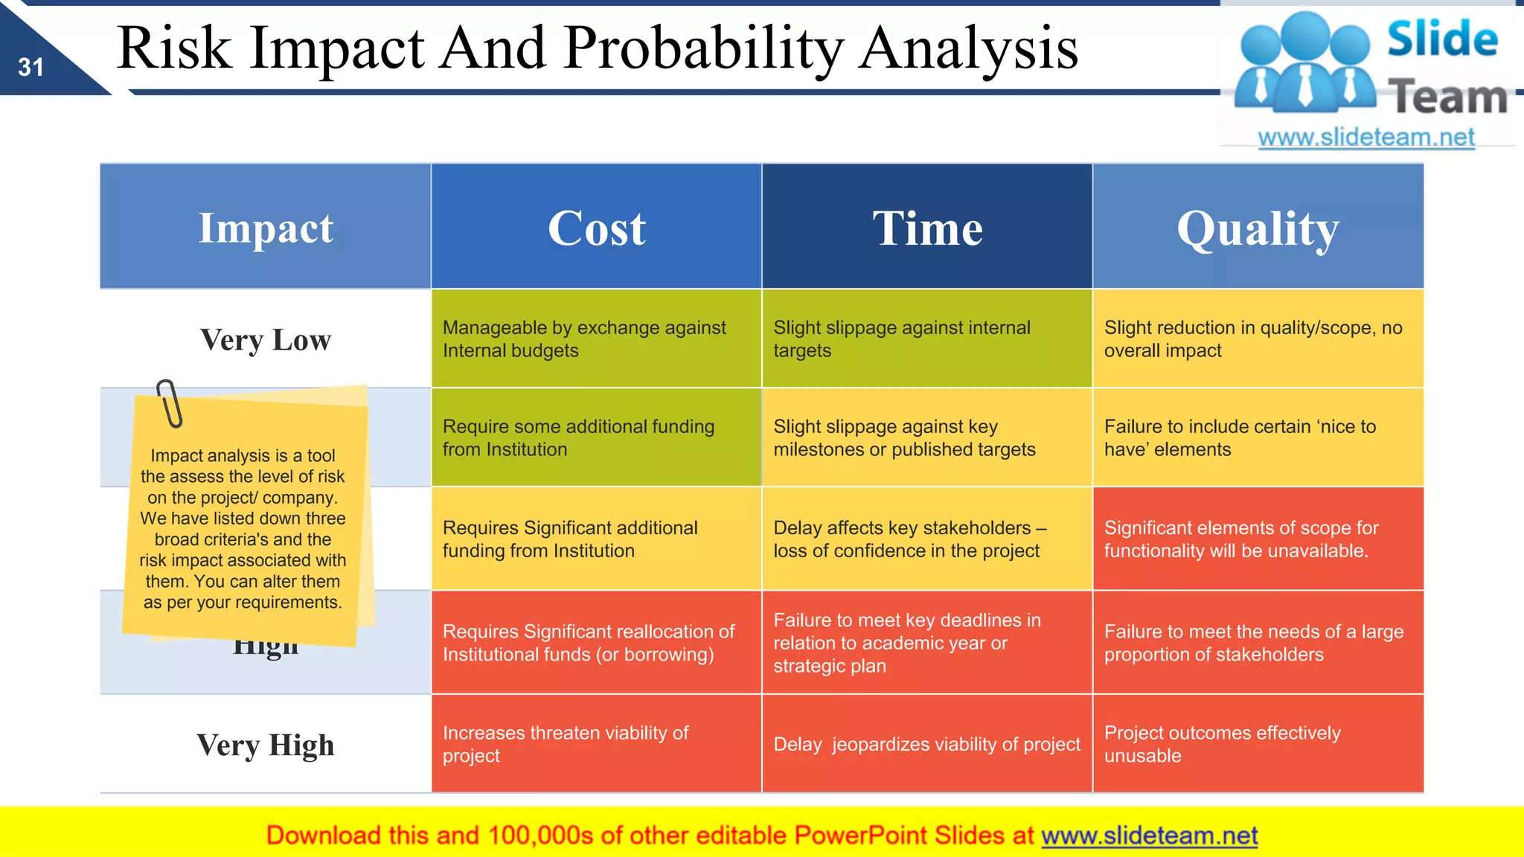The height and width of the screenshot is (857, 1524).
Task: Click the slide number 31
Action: [31, 68]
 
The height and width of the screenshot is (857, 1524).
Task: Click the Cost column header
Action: [596, 228]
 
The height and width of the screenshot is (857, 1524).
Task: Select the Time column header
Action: [927, 228]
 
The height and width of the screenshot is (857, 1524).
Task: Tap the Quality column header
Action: [1258, 228]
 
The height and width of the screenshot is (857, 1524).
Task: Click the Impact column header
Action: [266, 228]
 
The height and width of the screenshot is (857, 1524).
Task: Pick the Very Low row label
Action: [266, 339]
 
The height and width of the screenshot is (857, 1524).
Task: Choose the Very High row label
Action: [266, 745]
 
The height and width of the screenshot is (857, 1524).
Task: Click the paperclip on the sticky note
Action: [170, 404]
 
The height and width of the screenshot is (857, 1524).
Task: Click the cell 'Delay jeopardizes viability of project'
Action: [926, 744]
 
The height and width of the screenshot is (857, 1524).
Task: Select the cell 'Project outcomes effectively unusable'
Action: [1258, 744]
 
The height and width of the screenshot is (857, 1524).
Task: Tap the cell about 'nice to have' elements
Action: [1258, 437]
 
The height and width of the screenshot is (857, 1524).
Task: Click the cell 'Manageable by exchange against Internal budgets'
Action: [596, 338]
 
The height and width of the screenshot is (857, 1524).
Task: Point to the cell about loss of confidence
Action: [926, 539]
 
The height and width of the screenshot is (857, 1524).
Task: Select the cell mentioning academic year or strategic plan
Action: [926, 643]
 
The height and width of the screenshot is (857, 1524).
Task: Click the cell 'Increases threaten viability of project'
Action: [596, 744]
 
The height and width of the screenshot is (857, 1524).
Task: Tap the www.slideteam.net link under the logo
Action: [1365, 138]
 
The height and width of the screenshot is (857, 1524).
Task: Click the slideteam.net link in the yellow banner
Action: [1149, 835]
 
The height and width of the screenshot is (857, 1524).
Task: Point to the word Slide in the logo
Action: [1442, 39]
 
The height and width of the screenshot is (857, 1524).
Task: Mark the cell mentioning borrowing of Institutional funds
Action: [596, 643]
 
